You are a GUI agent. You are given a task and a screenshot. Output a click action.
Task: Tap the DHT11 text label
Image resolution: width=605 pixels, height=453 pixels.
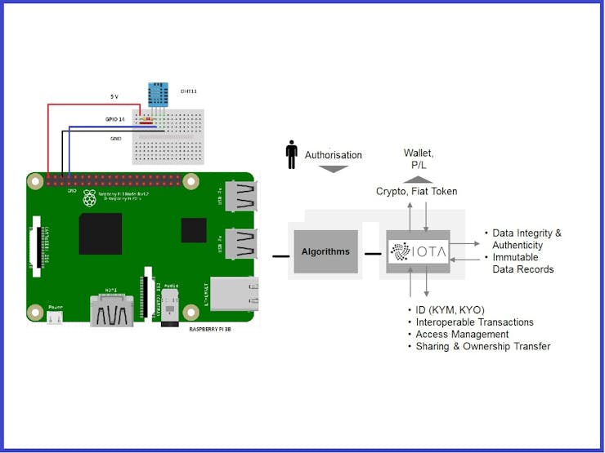pos(189,92)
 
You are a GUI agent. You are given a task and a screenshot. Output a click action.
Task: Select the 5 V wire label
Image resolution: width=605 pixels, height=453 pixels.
pos(114,97)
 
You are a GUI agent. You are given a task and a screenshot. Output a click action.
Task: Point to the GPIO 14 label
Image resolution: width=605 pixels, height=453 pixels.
pos(114,120)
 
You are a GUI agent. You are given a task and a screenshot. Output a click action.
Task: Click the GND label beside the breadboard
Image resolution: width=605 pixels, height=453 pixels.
pos(115,139)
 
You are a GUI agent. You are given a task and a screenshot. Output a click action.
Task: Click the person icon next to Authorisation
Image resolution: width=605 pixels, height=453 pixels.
pos(291,154)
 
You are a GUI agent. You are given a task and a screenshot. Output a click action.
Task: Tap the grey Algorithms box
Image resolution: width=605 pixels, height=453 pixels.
pos(325,251)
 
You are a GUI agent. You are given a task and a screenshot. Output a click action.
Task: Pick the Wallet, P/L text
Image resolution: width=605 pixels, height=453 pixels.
pos(419,158)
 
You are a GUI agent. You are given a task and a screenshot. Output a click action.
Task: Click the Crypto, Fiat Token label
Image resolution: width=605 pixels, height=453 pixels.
pos(416,191)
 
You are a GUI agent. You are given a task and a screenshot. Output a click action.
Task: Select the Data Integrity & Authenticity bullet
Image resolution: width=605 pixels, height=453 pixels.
pos(527,239)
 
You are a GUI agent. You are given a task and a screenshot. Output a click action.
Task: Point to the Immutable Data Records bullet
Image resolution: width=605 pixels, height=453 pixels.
pos(522,263)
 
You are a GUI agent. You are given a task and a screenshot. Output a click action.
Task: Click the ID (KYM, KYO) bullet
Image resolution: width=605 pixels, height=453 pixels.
pos(449,310)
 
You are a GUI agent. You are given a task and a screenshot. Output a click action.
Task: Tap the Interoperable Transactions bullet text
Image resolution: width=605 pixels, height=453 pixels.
pos(474,322)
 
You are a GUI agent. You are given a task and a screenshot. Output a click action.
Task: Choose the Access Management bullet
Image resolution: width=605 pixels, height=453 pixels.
pos(462,335)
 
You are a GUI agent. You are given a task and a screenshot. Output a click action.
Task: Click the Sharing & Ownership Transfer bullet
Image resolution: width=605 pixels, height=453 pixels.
pos(482,346)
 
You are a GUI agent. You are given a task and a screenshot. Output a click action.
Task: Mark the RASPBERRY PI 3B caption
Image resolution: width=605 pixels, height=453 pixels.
pos(217,328)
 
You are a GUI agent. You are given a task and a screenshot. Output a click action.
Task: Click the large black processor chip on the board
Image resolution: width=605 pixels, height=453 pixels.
pos(101,234)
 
